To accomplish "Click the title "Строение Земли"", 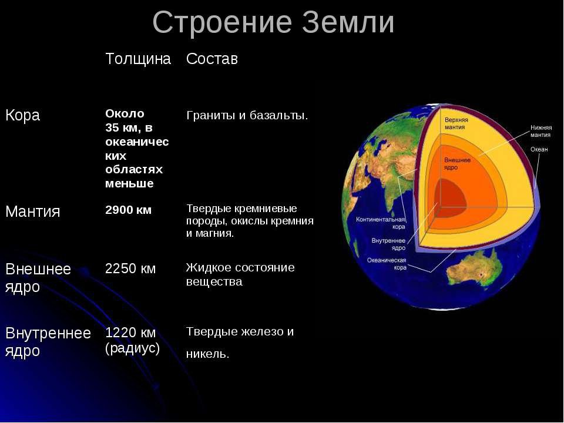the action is click(273, 23).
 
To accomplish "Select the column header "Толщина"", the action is click(138, 59).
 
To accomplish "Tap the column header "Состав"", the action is click(212, 59).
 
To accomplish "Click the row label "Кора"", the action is click(23, 116).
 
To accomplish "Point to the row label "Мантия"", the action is click(33, 211).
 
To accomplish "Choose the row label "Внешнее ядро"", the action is click(38, 278).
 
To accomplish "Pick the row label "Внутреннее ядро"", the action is click(48, 342).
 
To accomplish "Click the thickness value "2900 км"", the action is click(129, 210).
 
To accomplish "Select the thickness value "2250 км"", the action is click(130, 268).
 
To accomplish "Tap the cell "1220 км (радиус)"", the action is click(132, 340).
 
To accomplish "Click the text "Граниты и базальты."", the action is click(247, 116).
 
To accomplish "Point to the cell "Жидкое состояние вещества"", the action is click(240, 274).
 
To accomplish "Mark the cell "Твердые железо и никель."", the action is click(240, 343).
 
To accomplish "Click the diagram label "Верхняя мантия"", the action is click(456, 123).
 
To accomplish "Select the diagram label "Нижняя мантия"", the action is click(540, 131).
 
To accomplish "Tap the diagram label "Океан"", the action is click(539, 149).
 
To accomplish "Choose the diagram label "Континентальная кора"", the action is click(381, 223).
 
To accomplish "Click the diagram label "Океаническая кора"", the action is click(387, 264).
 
